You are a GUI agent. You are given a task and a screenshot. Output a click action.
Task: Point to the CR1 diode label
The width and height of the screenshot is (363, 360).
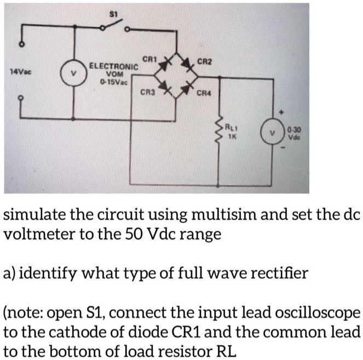pos(148,59)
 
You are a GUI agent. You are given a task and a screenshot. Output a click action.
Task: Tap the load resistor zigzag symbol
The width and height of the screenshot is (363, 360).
pos(221,133)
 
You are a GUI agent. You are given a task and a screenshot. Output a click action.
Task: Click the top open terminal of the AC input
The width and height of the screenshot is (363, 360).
pos(22,44)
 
